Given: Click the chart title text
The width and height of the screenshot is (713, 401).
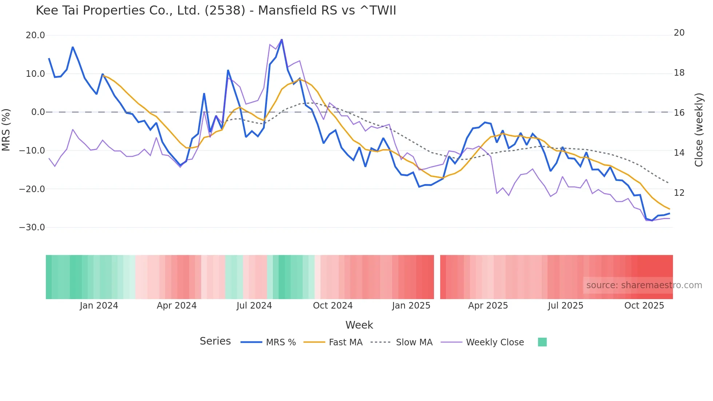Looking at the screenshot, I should pos(216,11).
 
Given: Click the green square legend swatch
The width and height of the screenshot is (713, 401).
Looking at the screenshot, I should pos(542,342).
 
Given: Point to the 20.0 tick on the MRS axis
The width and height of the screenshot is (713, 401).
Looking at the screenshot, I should pos(35,35).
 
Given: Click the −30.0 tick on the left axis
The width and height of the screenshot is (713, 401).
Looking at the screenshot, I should pos(32,227).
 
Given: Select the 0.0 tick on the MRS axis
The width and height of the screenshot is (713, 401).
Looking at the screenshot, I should pos(38,112).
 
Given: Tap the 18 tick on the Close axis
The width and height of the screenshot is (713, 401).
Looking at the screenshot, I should pos(679,73).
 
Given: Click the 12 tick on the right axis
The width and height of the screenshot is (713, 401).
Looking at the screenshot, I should pos(679,193).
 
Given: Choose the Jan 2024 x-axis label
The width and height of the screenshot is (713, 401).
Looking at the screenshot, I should pos(99,306).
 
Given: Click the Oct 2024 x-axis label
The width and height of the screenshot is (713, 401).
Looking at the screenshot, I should pos(332,306).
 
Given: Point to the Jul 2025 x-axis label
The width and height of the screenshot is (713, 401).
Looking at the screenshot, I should pos(565,306).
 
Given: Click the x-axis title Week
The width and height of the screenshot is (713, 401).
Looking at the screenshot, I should pos(359,325).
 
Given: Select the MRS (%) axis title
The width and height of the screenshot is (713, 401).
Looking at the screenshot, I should pos(6,130).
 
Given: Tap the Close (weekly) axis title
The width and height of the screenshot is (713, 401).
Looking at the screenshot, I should pos(699,130).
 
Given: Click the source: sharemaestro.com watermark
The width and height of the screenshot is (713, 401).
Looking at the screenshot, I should pos(644,285).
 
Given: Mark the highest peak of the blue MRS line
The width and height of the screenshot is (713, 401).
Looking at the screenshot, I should pos(282,40).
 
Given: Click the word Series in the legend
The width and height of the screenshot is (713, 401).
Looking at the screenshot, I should pos(215,341).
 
